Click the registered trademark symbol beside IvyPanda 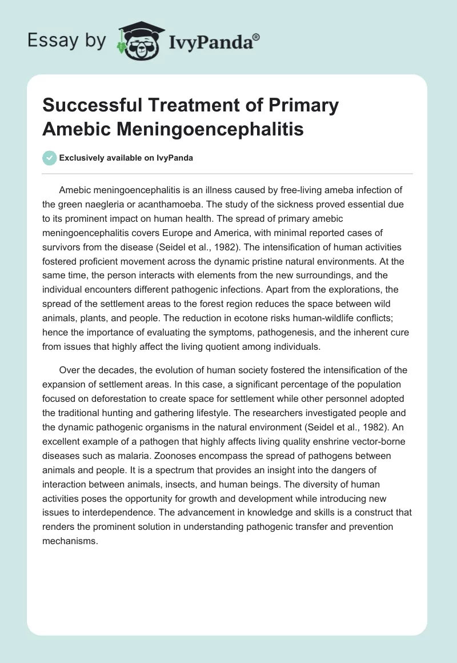[x=256, y=37]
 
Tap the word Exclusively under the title [x=81, y=158]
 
